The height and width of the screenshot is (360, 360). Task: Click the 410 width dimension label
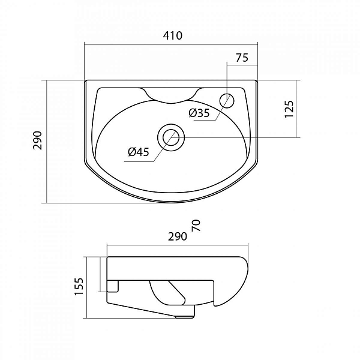(x=173, y=35)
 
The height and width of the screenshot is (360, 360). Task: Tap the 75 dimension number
(x=242, y=58)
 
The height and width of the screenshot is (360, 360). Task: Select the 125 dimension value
(x=289, y=109)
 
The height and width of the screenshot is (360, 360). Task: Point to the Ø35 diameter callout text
(x=199, y=113)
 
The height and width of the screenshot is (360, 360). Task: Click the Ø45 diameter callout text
(x=139, y=152)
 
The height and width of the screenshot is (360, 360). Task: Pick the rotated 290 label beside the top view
(x=37, y=140)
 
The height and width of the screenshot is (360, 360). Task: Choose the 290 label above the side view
(x=178, y=236)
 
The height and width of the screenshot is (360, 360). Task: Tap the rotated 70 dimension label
(x=196, y=226)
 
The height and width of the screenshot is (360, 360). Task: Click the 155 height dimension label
(x=79, y=287)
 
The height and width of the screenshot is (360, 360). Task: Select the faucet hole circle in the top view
(x=227, y=101)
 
